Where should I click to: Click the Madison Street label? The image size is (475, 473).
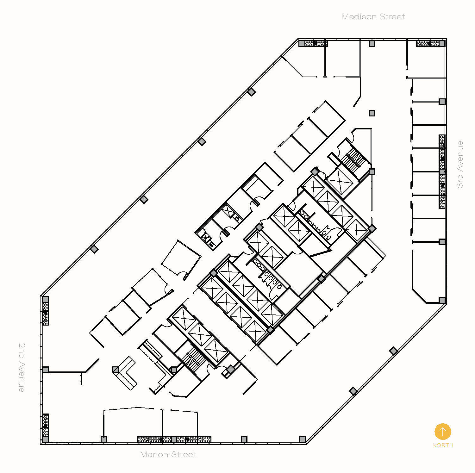point(373,17)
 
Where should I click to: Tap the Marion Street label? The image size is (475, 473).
point(168,455)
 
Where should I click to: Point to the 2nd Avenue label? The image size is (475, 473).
point(21,367)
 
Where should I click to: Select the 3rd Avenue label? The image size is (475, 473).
point(460,164)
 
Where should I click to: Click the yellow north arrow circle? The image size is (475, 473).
point(442,431)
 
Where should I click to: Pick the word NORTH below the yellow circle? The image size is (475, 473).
point(442,445)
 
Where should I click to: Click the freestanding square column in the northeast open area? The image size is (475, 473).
point(372,113)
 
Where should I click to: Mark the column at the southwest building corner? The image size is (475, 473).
point(46,439)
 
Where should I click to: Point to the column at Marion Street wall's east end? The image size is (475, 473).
point(303,439)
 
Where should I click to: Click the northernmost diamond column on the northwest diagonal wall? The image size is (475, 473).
point(251,92)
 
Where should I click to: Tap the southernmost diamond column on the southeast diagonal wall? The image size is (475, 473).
point(353,391)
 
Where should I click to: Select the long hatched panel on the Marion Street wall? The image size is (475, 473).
point(174,439)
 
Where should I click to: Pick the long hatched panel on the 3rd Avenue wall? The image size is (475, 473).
point(442,171)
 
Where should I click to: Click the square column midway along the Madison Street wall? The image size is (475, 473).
point(372,43)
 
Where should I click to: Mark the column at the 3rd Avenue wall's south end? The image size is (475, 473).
point(442,300)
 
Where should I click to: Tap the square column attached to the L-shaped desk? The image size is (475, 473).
point(116,370)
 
